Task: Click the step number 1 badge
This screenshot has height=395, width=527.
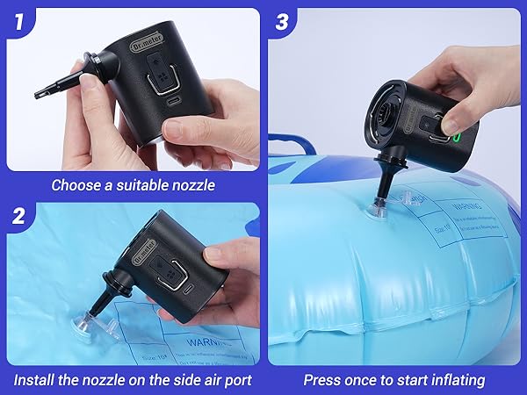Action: [17, 21]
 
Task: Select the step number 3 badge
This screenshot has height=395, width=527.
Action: [282, 21]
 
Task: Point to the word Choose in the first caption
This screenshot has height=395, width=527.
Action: [75, 185]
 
